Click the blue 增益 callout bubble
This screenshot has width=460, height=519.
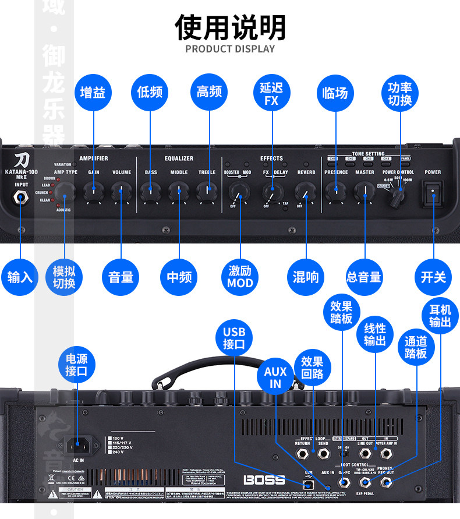[x=93, y=93]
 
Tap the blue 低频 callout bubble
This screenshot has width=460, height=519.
[x=150, y=93]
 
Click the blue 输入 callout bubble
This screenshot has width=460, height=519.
[x=20, y=277]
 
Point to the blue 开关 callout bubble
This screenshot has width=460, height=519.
[x=433, y=277]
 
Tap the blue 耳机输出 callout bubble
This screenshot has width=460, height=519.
[x=440, y=315]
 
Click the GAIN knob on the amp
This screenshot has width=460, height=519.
[x=93, y=190]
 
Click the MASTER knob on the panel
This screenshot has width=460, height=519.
[x=365, y=190]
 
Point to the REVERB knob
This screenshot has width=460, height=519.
[x=305, y=190]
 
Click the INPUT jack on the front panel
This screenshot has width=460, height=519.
[x=22, y=197]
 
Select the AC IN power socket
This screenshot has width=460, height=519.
[x=80, y=446]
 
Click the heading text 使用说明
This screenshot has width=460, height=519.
[x=230, y=27]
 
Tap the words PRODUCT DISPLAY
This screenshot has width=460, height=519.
[x=230, y=49]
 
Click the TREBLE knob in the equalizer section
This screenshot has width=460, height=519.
[x=206, y=189]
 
